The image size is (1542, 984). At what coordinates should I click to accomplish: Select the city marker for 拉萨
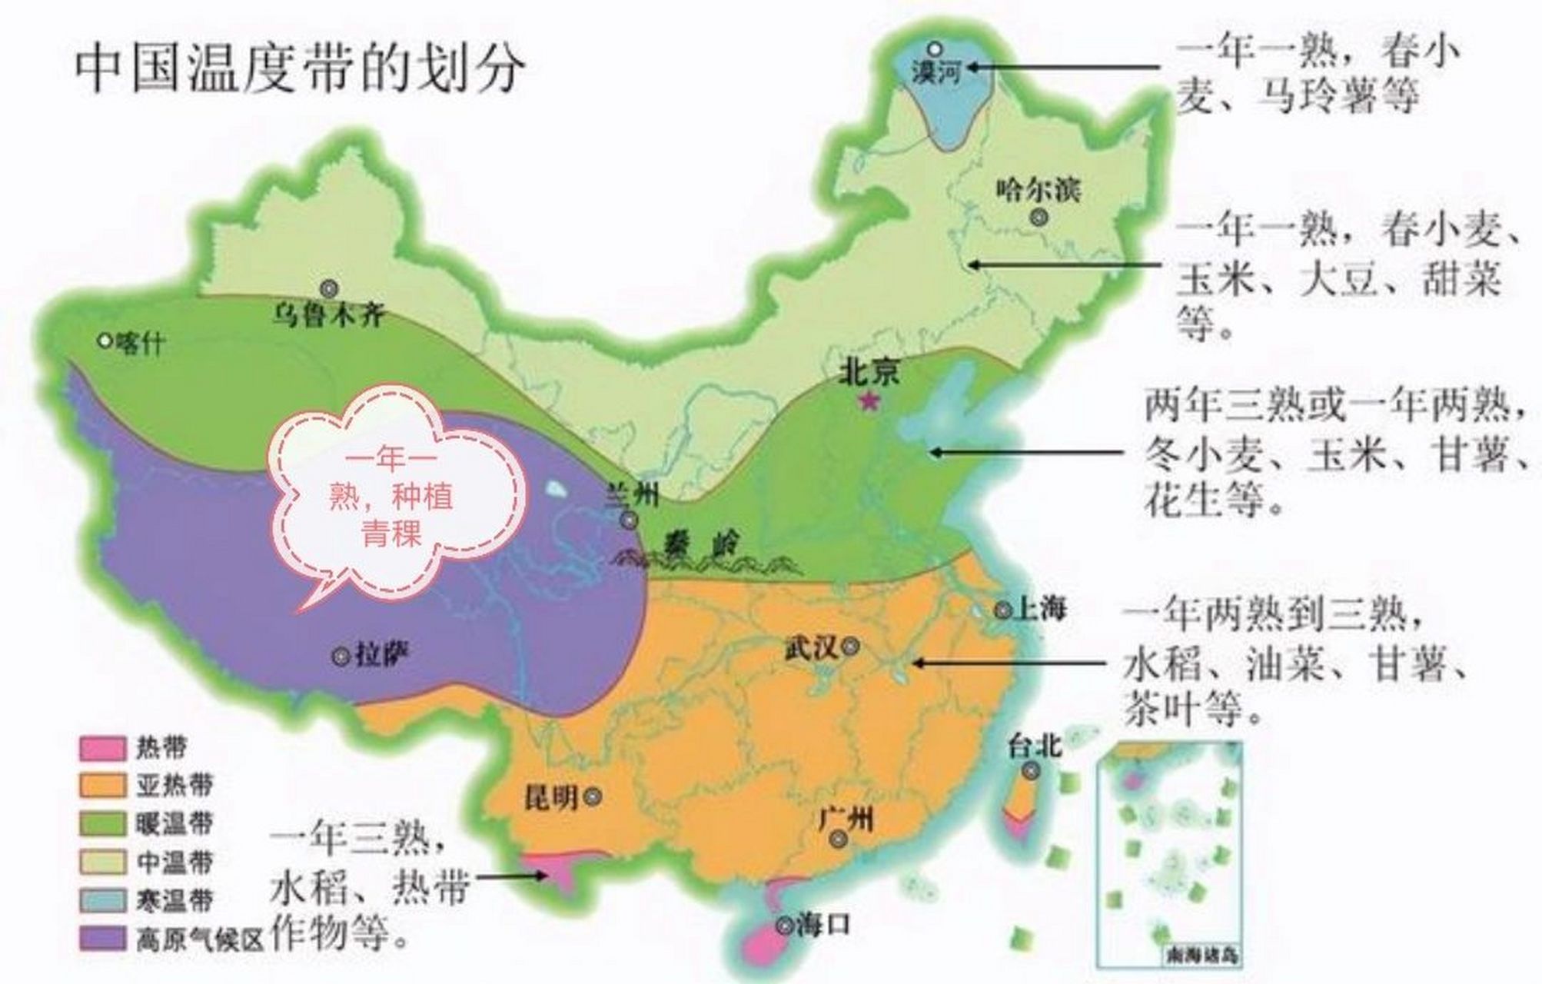click(x=341, y=657)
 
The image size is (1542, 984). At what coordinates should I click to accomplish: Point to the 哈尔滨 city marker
click(x=1039, y=218)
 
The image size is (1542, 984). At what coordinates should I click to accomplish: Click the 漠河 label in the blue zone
click(x=937, y=73)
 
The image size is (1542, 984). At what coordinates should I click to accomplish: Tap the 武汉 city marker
click(x=849, y=647)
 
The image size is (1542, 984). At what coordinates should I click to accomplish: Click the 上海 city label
click(x=1042, y=610)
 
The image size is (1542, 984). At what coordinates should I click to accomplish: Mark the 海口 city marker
click(x=783, y=926)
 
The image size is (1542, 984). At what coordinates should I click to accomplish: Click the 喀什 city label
click(x=139, y=343)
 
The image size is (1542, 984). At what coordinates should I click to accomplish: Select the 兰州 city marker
click(x=630, y=521)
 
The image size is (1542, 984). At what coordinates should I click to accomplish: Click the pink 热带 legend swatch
click(x=102, y=748)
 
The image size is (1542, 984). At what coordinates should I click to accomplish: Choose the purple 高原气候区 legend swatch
click(x=102, y=939)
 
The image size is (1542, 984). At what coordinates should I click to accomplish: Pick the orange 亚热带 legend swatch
click(x=102, y=786)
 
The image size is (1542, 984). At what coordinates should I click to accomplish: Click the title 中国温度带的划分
click(x=300, y=70)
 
